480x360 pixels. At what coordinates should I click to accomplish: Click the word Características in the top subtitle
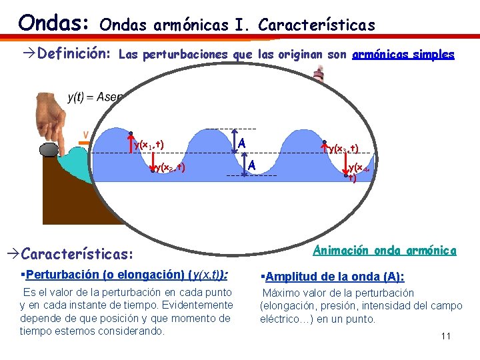317,25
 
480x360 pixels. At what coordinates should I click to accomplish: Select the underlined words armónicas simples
403,55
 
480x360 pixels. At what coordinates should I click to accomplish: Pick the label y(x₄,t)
361,172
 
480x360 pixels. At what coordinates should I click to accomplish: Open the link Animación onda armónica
385,251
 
